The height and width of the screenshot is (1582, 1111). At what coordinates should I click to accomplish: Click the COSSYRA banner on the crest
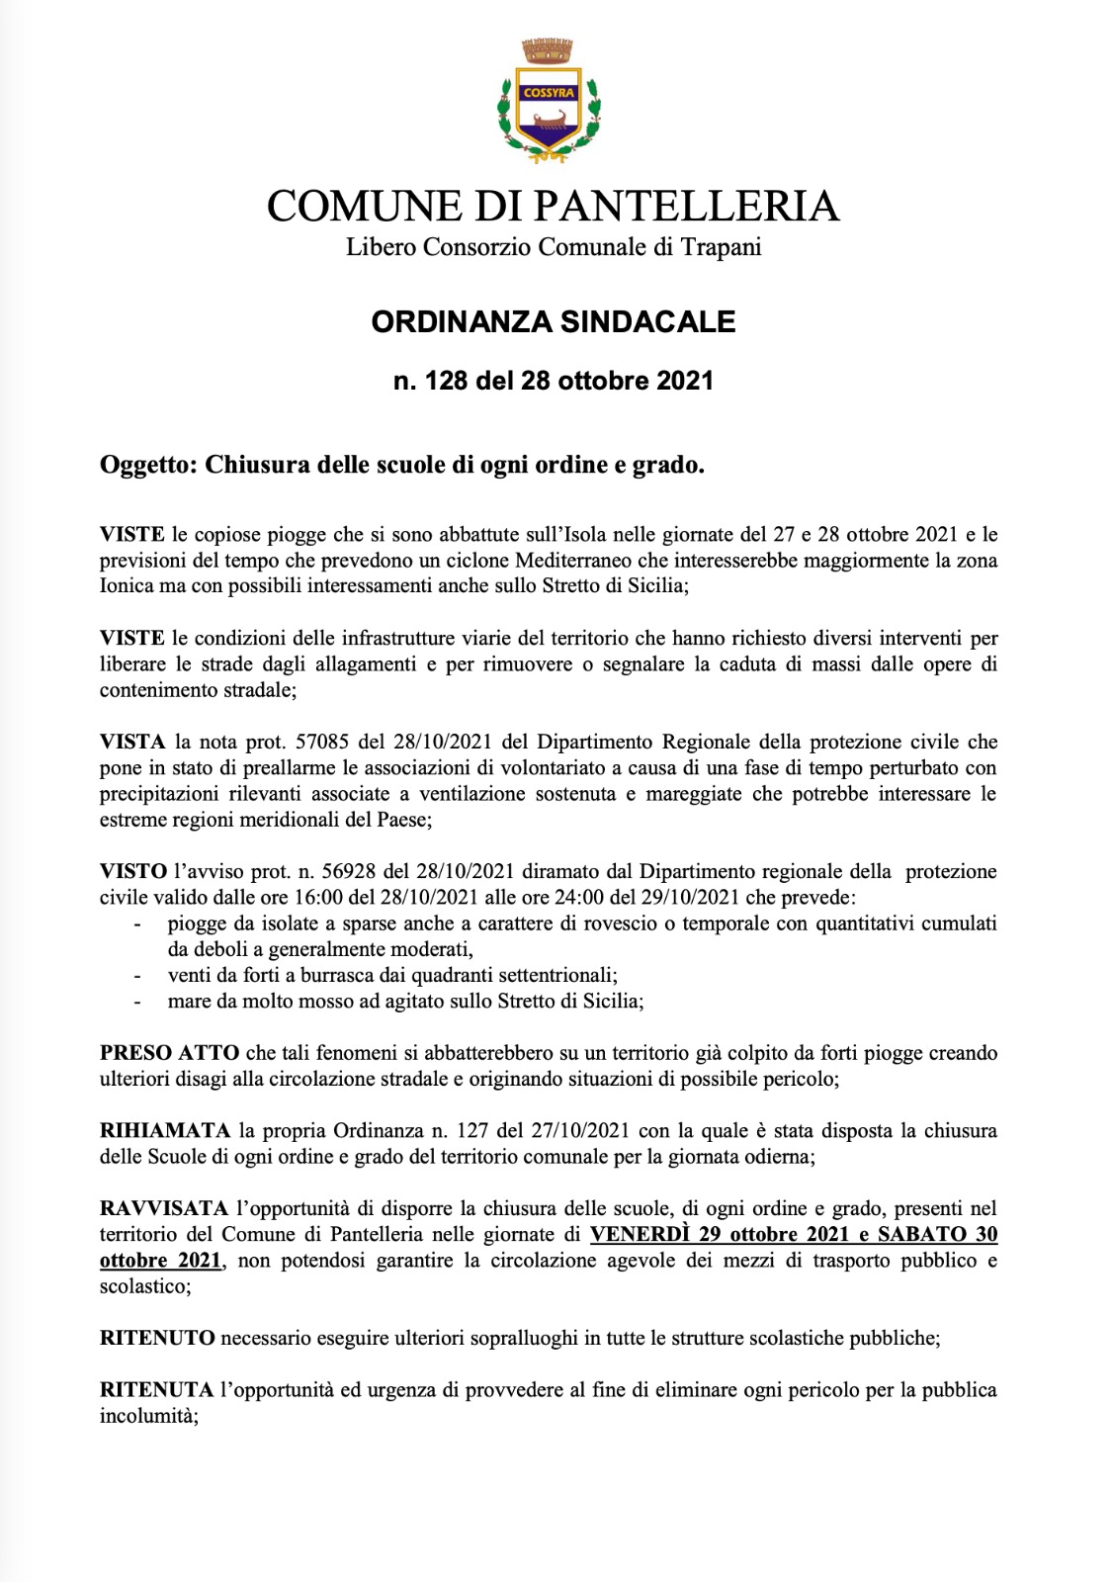(549, 93)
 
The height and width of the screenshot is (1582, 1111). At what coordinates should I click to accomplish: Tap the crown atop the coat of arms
(549, 50)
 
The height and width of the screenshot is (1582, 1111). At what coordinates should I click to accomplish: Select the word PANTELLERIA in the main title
(687, 207)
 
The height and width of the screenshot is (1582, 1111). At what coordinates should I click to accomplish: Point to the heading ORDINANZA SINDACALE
(554, 322)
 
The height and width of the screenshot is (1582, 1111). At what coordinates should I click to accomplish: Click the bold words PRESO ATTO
(169, 1053)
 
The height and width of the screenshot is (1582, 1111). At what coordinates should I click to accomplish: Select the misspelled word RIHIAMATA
(164, 1130)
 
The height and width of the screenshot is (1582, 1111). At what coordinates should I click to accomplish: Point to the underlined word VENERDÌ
(640, 1234)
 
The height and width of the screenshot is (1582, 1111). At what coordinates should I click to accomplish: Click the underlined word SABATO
(922, 1234)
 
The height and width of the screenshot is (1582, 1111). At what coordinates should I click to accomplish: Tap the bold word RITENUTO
(157, 1338)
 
